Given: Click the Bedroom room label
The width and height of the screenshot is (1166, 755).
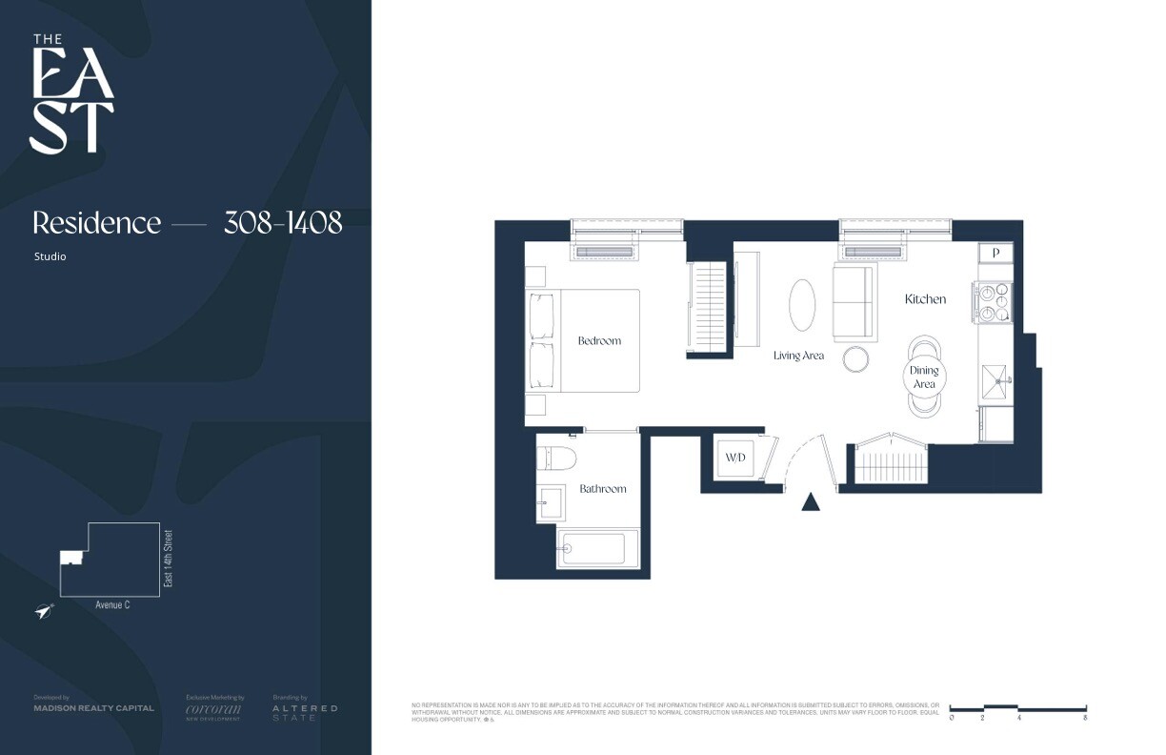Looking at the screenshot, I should pos(599,340).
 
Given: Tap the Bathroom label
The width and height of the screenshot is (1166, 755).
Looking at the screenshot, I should pos(603,488).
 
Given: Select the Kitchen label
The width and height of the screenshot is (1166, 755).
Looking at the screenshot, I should pos(925,298).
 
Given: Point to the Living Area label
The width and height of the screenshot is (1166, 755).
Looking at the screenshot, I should pos(798,356).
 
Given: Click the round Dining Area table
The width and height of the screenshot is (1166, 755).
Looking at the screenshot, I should pos(923,377).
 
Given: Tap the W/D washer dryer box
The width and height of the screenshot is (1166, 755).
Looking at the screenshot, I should pos(735,458).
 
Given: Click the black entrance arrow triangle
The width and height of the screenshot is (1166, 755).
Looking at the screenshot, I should pos(811,501).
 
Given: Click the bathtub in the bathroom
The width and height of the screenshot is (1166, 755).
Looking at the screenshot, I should pos(593,549).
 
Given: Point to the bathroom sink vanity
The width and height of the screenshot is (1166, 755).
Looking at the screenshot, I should pos(551,502).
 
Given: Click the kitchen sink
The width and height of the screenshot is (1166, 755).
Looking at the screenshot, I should pos(997,380).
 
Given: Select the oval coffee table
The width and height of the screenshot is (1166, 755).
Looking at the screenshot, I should pos(801,305).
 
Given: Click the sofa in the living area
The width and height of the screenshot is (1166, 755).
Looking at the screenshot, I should pos(854,303).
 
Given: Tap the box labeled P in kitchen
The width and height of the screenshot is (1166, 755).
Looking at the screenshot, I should pos(995,253).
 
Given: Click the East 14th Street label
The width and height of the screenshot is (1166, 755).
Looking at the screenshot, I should pos(169,559).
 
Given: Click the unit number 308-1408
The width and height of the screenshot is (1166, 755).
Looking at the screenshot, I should pos(283,223).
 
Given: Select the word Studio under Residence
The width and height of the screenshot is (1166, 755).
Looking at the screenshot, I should pos(50,256).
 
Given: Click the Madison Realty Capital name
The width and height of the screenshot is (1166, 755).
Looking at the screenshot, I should pos(93,708).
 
